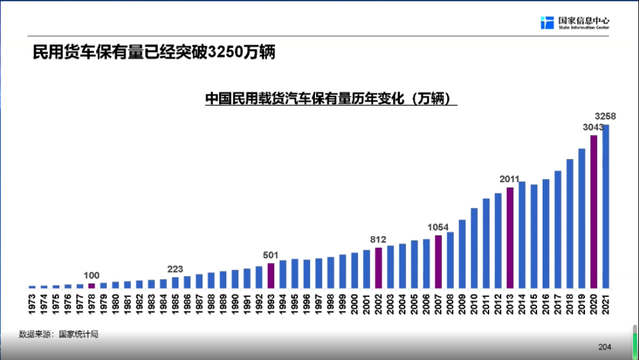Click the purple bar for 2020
[594, 212]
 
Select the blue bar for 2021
[606, 206]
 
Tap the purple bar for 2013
[510, 238]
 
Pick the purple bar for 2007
[438, 262]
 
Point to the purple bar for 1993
[271, 275]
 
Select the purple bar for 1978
[92, 285]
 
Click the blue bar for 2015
[534, 236]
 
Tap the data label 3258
[605, 116]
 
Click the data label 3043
[592, 127]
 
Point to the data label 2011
[510, 179]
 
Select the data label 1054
[438, 227]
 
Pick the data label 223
[175, 269]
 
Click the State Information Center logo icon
[547, 23]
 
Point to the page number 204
[604, 347]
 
